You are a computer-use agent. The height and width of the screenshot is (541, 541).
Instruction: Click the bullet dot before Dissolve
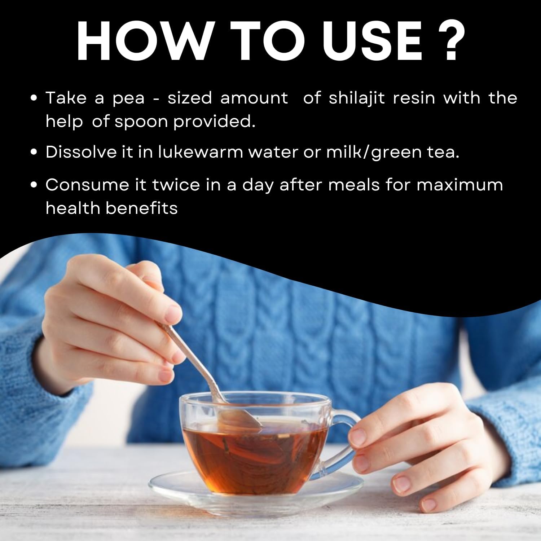[x=35, y=153]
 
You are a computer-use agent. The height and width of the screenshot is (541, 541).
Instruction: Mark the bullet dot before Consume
[x=35, y=185]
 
